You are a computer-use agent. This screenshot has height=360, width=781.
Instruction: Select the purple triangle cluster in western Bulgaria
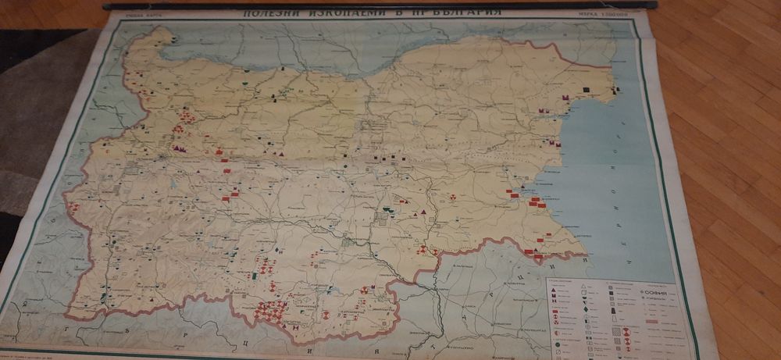180,148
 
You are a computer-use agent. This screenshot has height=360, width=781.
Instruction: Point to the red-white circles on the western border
73,207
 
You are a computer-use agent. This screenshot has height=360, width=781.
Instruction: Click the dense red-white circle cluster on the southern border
270,312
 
